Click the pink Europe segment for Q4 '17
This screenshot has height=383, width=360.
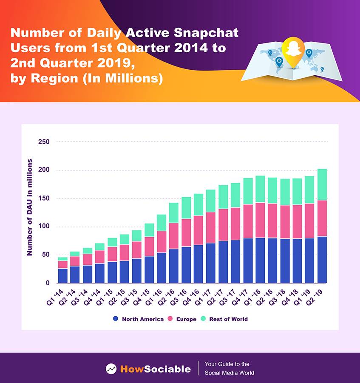(248, 221)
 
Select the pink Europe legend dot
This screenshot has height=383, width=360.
(171, 319)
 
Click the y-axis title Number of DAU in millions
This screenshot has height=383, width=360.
(30, 207)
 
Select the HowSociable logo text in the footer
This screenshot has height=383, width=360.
(155, 369)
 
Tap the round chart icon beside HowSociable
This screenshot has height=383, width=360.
(111, 369)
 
